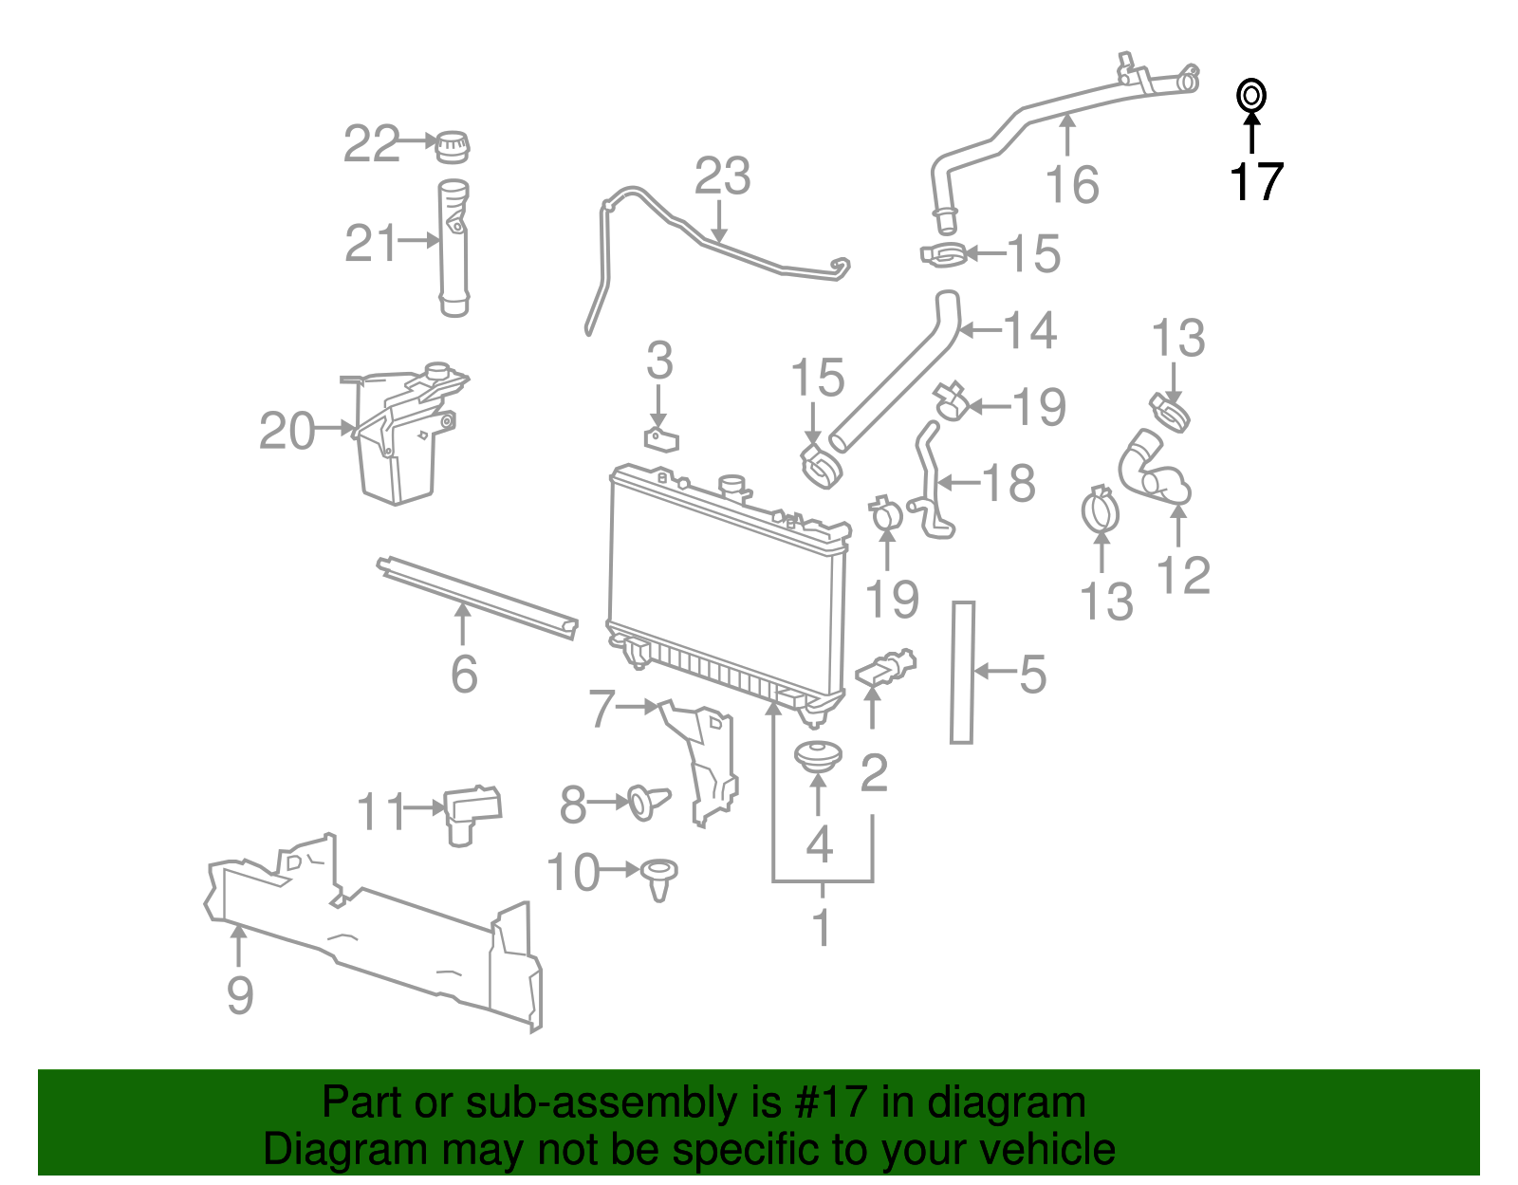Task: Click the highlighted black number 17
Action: [x=1256, y=181]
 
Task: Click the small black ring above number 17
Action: [x=1251, y=96]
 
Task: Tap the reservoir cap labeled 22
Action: [x=453, y=146]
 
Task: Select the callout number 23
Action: [x=722, y=176]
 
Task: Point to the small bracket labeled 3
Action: [x=662, y=439]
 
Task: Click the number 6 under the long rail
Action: [x=464, y=674]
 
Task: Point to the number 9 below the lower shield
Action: [x=240, y=995]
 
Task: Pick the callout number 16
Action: [x=1072, y=185]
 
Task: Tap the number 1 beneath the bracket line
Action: [x=822, y=927]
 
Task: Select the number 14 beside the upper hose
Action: [x=1029, y=330]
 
